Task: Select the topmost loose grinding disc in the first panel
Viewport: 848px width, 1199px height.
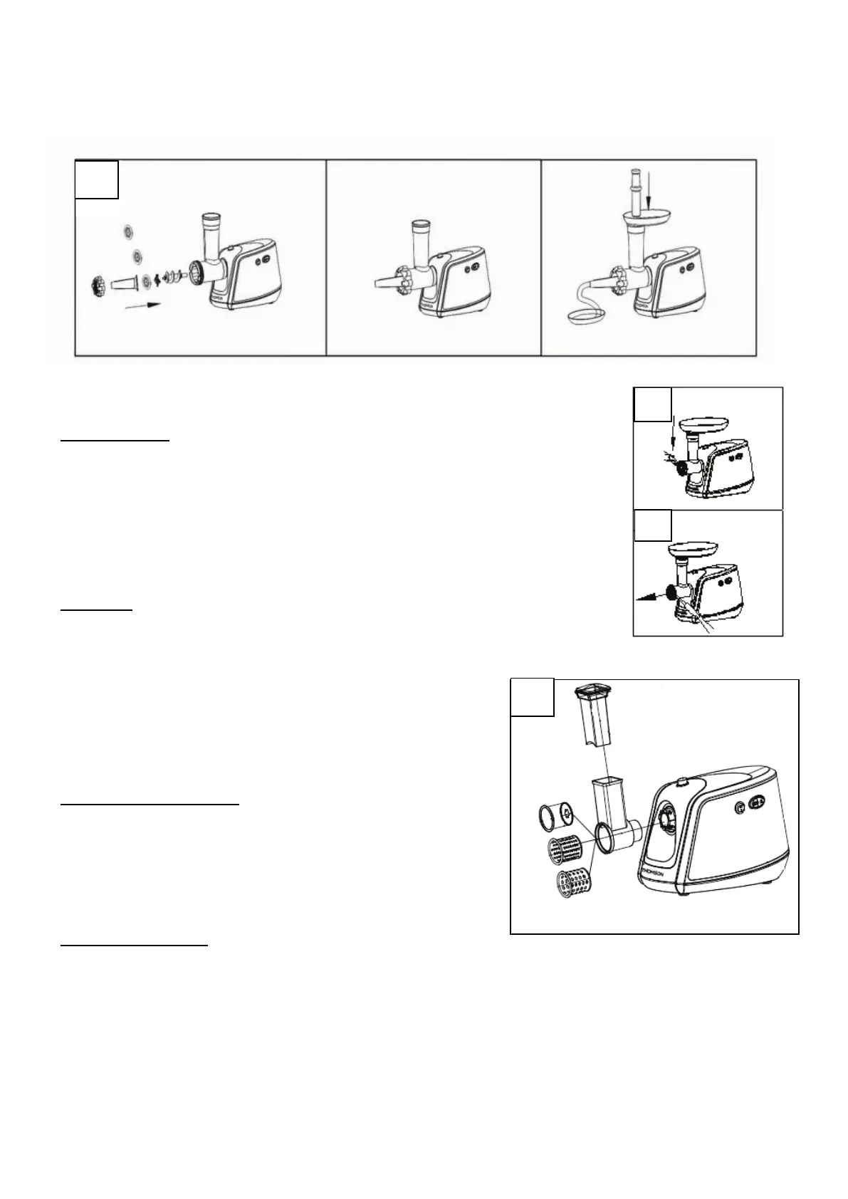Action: point(128,231)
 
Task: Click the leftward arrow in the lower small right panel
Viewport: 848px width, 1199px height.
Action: point(648,597)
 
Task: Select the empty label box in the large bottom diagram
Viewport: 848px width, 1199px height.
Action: point(533,697)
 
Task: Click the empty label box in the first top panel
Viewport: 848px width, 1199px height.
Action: point(97,179)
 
